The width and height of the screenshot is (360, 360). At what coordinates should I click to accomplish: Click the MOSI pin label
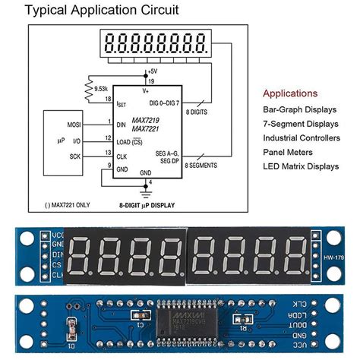point(74,122)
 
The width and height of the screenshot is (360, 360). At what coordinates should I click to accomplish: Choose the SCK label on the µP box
point(74,157)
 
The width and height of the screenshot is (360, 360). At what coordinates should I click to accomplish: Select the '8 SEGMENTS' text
point(201,165)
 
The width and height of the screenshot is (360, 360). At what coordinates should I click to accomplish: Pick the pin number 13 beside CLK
point(109,153)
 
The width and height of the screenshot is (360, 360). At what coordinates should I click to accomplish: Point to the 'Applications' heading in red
point(290,93)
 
